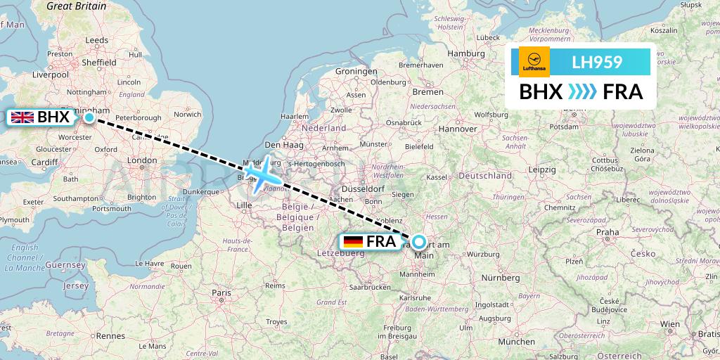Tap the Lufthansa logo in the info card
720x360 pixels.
[x=534, y=62]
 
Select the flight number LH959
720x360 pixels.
[x=597, y=62]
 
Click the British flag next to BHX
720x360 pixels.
[x=22, y=117]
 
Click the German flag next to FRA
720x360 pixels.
[x=353, y=242]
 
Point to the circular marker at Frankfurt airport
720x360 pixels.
[x=419, y=242]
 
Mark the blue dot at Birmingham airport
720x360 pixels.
[x=89, y=117]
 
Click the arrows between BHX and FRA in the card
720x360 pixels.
[x=582, y=92]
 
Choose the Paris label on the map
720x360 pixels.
[x=222, y=292]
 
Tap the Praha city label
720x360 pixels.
[x=607, y=232]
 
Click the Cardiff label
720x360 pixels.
[x=44, y=162]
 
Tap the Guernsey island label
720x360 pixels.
[x=64, y=264]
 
